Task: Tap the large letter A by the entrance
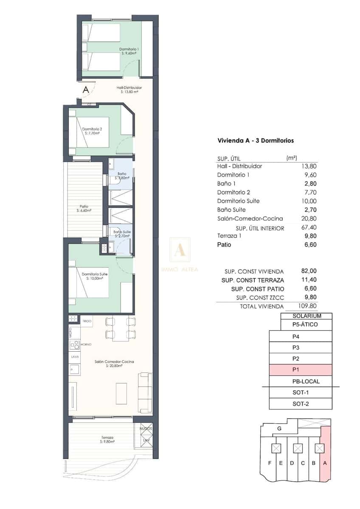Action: (x=86, y=89)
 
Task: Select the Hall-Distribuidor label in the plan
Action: (x=129, y=89)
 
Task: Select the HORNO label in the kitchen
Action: (x=86, y=344)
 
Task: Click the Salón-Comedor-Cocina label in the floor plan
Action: (x=114, y=364)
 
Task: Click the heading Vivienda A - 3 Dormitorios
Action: (x=256, y=140)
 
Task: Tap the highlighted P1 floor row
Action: (x=300, y=370)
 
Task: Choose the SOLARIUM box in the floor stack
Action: (x=307, y=316)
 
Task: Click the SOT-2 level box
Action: (x=300, y=404)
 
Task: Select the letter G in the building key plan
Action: (x=279, y=429)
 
